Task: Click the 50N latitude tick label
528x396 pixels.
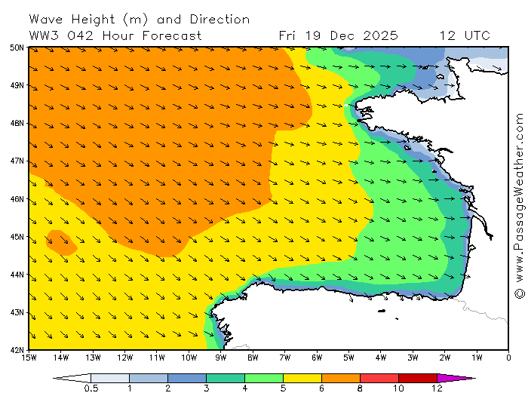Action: [x=17, y=48]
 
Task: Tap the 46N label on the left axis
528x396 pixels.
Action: [x=17, y=199]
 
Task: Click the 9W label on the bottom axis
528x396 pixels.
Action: [x=221, y=357]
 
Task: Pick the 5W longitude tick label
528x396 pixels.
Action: [x=349, y=357]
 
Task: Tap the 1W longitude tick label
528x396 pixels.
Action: [x=477, y=357]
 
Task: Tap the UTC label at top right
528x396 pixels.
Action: [x=477, y=35]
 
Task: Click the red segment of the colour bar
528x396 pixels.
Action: [x=379, y=377]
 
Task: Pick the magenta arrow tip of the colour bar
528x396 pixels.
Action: [x=456, y=377]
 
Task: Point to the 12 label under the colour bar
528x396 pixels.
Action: [x=437, y=388]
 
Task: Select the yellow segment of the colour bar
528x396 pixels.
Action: [x=302, y=377]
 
